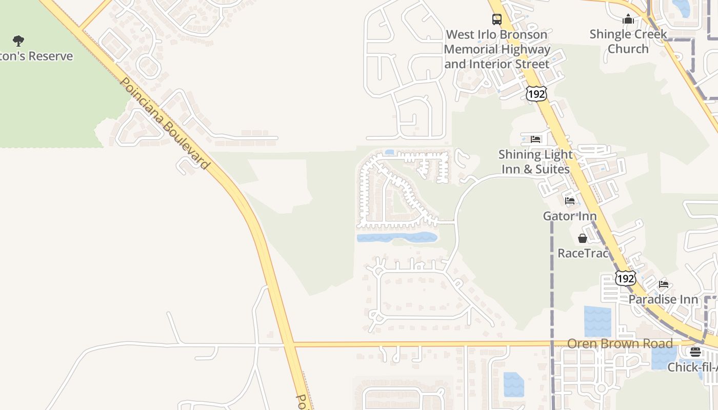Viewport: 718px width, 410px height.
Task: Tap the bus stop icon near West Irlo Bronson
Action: pos(497,19)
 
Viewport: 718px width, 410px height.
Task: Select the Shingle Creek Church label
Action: pos(628,42)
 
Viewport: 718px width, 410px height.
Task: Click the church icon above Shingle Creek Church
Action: pos(628,19)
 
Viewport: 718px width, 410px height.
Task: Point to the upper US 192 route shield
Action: pos(536,93)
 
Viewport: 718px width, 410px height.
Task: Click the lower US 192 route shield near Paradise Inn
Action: pos(625,278)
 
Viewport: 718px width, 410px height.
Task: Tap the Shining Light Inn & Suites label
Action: pos(535,161)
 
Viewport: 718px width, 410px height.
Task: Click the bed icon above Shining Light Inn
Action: pos(535,139)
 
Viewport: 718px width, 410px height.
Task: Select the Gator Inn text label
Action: pos(570,216)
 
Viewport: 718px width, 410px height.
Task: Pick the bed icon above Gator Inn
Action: pos(570,201)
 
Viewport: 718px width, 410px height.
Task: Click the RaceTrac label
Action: pos(583,253)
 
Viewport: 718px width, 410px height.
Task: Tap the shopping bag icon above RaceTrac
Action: pos(583,238)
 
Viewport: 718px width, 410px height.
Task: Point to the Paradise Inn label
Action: pos(664,299)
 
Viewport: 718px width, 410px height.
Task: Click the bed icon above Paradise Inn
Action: pos(664,284)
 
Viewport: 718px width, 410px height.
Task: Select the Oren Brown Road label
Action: pos(620,343)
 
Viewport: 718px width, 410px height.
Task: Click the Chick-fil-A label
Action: pos(692,367)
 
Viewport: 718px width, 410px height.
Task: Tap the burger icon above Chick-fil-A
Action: pos(695,352)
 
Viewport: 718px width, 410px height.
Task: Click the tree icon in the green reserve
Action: pos(18,41)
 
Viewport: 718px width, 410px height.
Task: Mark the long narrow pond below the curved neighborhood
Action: pos(396,237)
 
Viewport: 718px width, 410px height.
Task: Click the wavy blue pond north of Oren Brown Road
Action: pos(597,321)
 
